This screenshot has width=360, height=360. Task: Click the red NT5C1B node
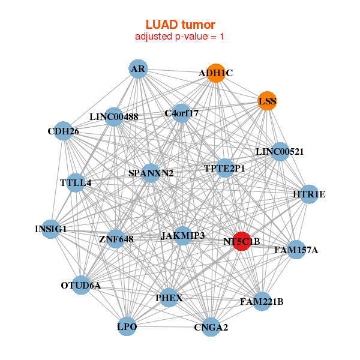pos(241,241)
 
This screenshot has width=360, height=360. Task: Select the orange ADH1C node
pos(215,73)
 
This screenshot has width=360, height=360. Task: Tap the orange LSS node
pos(267,101)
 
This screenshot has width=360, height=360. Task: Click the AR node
pos(138,69)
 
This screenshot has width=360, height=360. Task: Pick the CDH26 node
pos(63,131)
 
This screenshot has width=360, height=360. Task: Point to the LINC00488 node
pos(113,116)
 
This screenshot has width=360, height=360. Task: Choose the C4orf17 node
pos(181,113)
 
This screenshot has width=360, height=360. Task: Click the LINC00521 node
pos(280,151)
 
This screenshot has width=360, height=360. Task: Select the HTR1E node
pos(309,194)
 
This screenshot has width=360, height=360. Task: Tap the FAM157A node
pos(296,250)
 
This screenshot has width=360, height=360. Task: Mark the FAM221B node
pos(262,301)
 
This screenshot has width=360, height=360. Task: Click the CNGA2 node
pos(211,327)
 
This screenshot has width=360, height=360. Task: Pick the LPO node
pos(127,326)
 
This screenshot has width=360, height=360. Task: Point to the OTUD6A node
pos(81,285)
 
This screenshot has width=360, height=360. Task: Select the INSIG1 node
pos(51,229)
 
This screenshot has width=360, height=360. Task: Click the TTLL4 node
pos(76,182)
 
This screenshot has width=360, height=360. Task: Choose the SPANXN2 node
pos(151,173)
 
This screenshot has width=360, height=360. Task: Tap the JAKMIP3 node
pos(182,236)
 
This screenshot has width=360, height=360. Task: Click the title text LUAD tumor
pos(180,25)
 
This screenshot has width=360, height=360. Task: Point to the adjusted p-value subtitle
pos(180,37)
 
